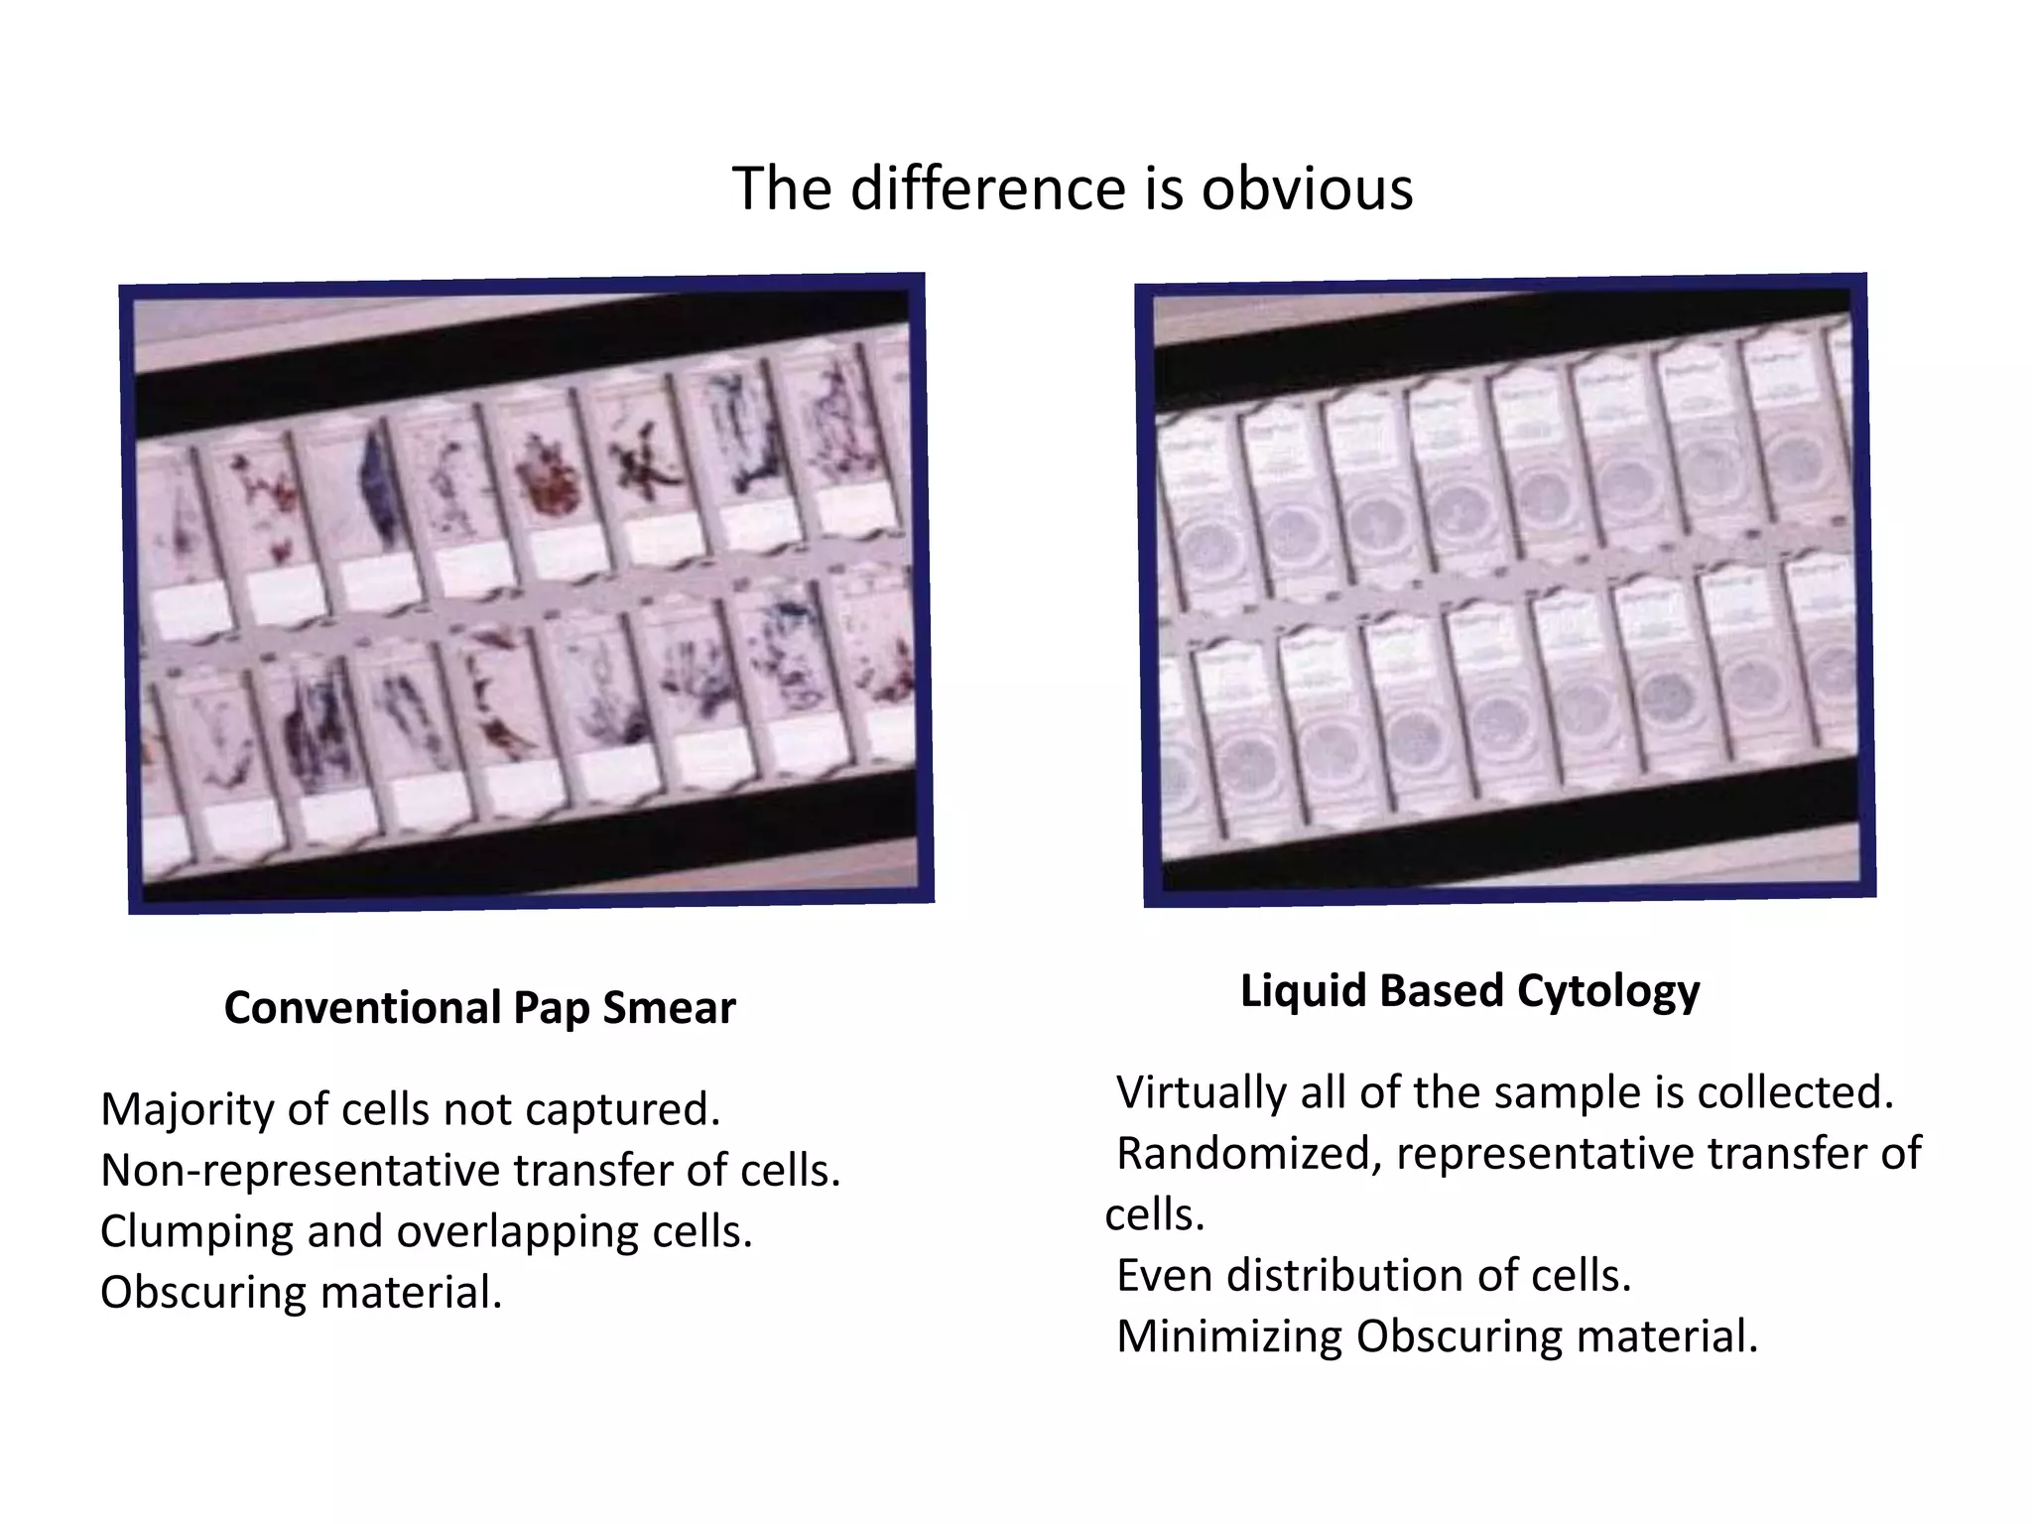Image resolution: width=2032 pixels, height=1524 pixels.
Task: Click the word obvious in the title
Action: pos(1307,189)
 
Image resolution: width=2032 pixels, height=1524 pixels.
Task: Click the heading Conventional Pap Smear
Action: pos(479,1008)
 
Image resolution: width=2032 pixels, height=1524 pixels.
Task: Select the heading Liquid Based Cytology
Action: pos(1469,991)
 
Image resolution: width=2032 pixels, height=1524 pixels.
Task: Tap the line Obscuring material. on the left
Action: pos(301,1293)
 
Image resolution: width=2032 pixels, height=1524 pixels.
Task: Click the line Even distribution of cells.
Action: pos(1373,1276)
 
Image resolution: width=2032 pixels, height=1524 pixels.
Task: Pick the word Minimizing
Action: pos(1227,1336)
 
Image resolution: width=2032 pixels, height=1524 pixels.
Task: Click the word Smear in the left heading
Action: pos(669,1008)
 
